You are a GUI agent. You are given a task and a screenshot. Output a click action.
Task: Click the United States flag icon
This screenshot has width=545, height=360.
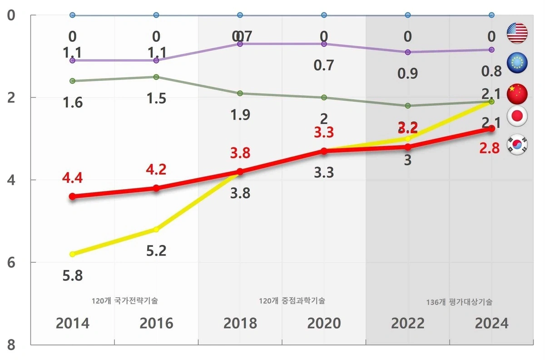(517, 33)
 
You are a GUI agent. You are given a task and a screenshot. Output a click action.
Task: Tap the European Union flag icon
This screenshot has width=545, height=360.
(517, 63)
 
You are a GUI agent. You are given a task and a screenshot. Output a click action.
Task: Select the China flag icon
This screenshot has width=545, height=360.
(517, 93)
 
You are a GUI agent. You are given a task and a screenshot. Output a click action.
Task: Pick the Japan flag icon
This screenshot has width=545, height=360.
(517, 117)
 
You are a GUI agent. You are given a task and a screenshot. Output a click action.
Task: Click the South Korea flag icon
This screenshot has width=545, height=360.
(517, 144)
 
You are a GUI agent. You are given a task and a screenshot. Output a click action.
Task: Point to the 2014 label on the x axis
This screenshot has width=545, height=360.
(73, 323)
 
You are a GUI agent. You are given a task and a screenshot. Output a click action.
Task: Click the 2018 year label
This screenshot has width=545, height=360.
(240, 323)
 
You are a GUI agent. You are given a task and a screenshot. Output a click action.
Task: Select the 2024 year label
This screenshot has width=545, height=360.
(491, 323)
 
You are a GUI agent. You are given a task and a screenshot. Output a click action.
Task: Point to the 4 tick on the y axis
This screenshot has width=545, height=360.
(11, 180)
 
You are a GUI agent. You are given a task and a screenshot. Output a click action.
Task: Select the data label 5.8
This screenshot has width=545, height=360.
(73, 275)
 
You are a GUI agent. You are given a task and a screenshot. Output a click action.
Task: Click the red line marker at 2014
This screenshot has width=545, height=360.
(73, 196)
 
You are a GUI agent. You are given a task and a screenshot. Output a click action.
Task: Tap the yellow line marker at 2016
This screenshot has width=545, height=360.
(156, 230)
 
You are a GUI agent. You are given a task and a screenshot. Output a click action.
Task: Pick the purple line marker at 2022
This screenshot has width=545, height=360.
(407, 52)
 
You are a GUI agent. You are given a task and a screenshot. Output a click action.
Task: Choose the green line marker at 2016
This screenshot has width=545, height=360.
(156, 77)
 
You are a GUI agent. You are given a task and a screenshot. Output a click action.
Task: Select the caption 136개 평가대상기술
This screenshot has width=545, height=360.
(459, 302)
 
